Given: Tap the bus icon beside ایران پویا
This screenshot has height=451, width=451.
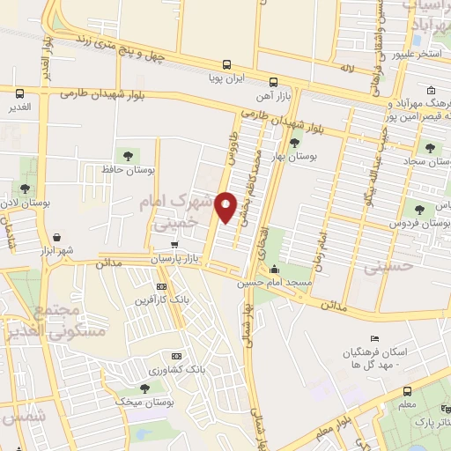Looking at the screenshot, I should [x=227, y=63].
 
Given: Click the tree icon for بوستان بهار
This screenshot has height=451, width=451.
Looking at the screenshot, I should [x=293, y=143].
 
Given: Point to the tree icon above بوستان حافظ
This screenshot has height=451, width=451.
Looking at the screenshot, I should [x=128, y=156].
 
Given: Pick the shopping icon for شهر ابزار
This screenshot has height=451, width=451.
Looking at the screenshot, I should [x=58, y=237].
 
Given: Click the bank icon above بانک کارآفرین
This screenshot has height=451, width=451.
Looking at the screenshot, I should [x=161, y=286].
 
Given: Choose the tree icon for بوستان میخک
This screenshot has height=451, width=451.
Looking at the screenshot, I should [x=144, y=388].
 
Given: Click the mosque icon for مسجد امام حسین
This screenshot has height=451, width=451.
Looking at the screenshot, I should [x=276, y=270].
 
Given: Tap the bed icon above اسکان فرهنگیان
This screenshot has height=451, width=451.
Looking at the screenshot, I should [x=374, y=339].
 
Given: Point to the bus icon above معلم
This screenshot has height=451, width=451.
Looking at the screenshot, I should [x=406, y=391].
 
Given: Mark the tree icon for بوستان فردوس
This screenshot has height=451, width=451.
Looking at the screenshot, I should [x=419, y=210].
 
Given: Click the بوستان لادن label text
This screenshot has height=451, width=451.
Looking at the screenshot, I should [x=26, y=202].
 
